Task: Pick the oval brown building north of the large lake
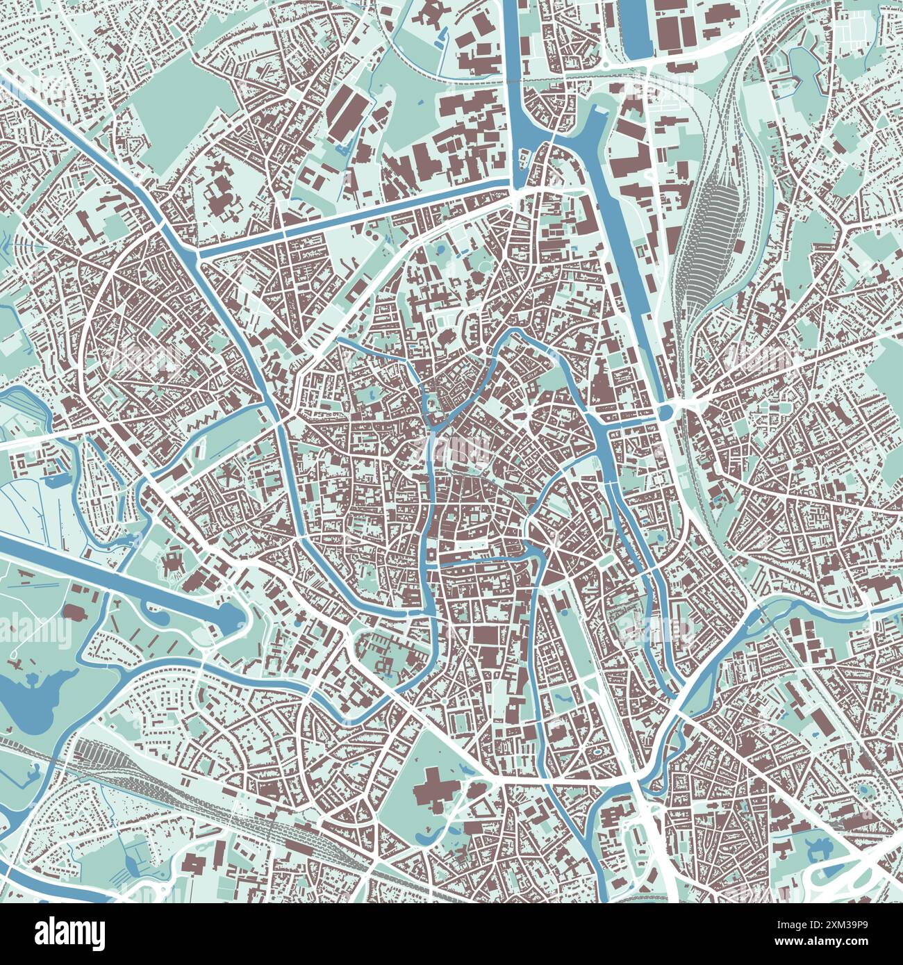[x=73, y=611]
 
